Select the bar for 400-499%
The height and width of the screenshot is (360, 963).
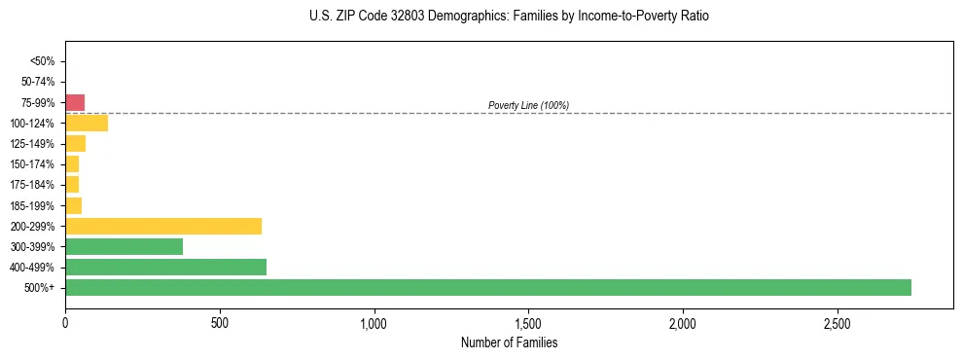[x=165, y=267]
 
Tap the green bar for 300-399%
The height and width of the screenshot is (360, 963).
[x=124, y=246]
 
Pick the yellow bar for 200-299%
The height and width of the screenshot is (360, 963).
[x=163, y=226]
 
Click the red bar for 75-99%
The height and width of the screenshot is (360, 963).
[x=75, y=102]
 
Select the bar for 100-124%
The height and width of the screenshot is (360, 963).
[x=87, y=123]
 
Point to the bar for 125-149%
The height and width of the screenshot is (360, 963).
[x=75, y=144]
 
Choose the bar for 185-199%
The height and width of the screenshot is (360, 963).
[x=73, y=205]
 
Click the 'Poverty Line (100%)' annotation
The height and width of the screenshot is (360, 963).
[x=528, y=105]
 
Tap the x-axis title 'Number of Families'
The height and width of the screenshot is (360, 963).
[x=509, y=342]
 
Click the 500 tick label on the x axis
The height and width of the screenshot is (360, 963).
[x=220, y=322]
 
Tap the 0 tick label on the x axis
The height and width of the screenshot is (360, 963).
[x=65, y=322]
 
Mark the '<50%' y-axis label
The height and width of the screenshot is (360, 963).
[x=42, y=61]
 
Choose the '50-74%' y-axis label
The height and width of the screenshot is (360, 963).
[x=38, y=82]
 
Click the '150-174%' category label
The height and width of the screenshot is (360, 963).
[x=32, y=164]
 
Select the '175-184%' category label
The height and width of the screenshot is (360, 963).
[x=32, y=185]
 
